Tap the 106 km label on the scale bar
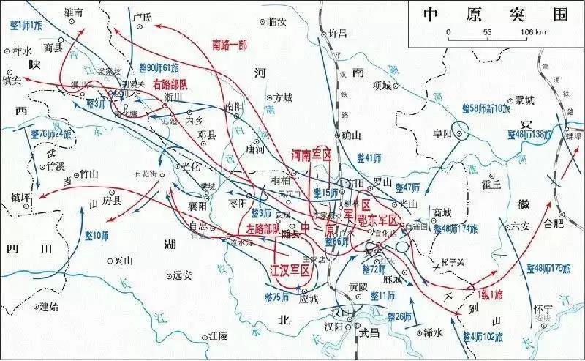532,32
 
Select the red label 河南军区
312,156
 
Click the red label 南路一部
229,45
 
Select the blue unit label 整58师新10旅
486,108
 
